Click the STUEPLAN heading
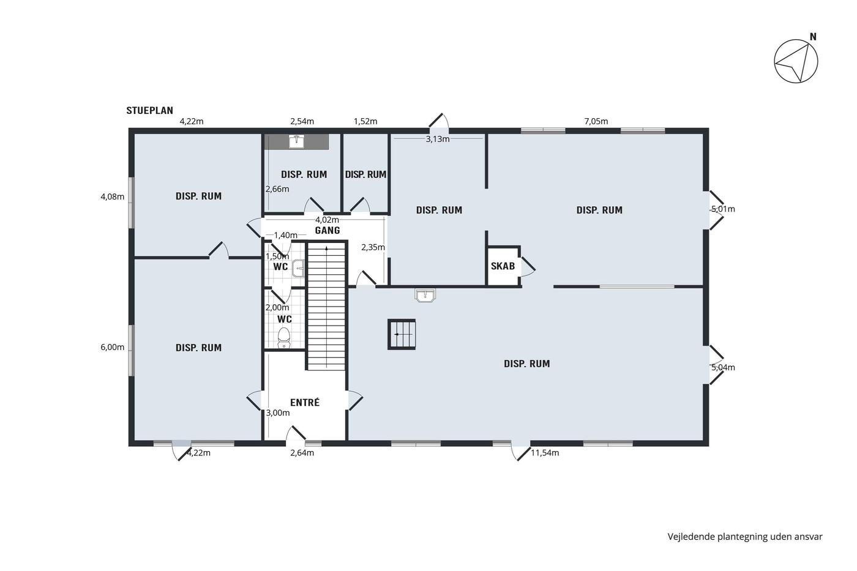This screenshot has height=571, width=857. point(149,111)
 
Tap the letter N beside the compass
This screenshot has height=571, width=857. point(813,37)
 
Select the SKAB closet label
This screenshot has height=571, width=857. point(503,266)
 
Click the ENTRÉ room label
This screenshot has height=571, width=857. point(305,402)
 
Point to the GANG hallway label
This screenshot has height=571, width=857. point(327,231)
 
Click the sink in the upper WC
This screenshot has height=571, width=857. point(298,268)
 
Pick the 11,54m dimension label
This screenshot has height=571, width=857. point(545,453)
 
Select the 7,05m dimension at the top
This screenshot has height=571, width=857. point(596,121)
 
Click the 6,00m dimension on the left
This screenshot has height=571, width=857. point(113,347)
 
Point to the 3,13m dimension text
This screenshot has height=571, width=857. point(438,139)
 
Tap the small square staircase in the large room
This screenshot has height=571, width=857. point(402,334)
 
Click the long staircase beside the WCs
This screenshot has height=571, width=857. point(327,307)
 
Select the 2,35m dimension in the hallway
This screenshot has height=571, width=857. point(373,247)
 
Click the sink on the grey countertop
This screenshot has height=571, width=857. point(296,141)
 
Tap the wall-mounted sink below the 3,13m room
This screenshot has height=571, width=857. point(425,295)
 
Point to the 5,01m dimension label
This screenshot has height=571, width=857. point(723,209)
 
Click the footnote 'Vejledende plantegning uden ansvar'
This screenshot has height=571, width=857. point(745,537)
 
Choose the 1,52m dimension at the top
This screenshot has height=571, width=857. point(365,121)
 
